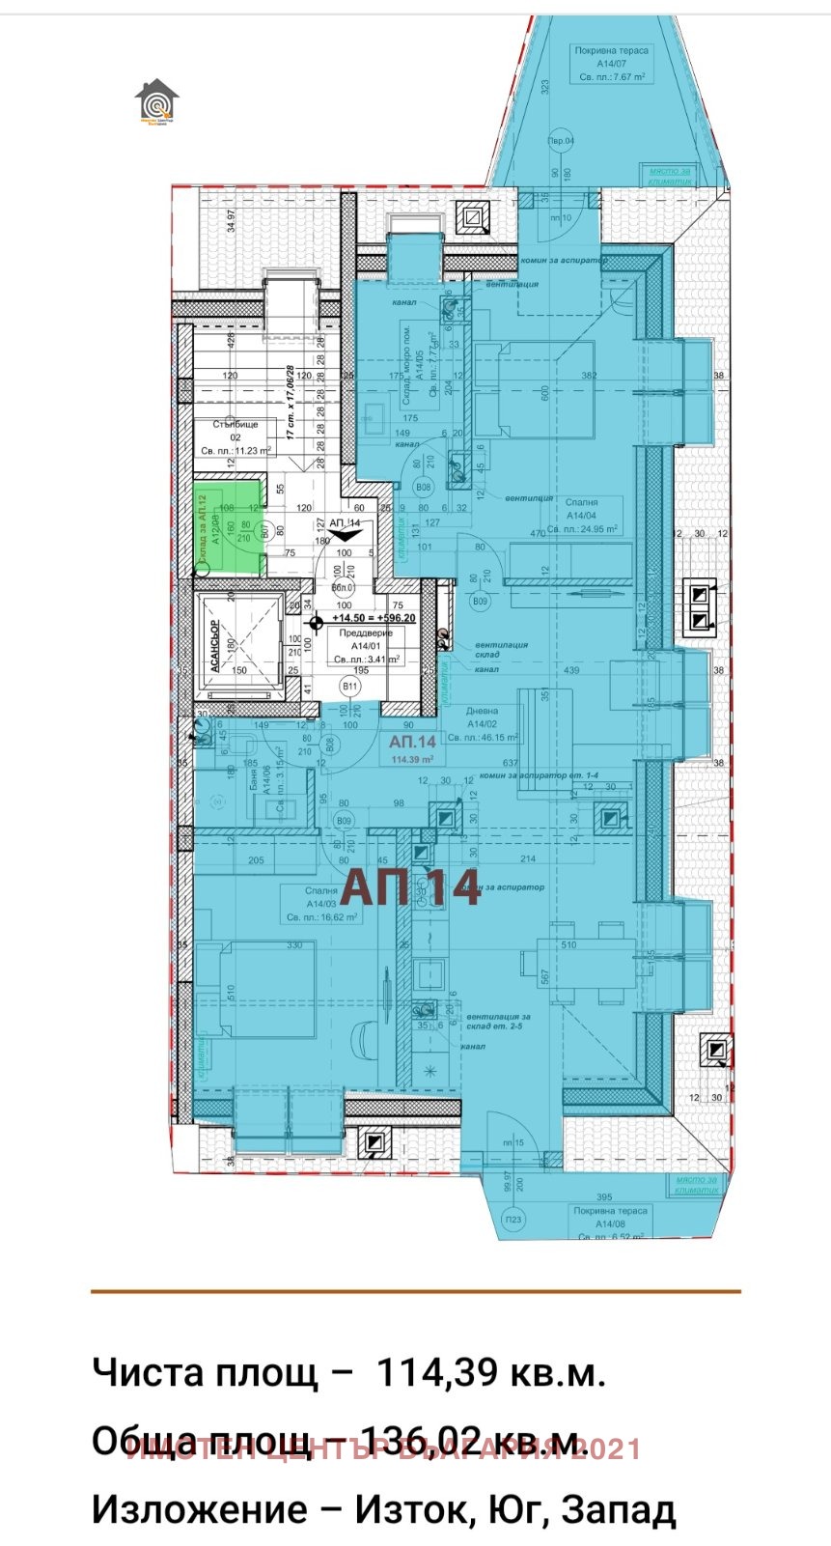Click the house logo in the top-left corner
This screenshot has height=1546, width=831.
coord(156,99)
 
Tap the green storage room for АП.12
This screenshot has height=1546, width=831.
coord(228,526)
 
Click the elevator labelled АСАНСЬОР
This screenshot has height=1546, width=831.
coord(238,643)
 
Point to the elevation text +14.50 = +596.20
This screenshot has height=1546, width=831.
coord(373,618)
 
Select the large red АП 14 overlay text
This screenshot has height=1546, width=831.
coord(411,887)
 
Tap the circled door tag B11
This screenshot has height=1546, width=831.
coord(350,687)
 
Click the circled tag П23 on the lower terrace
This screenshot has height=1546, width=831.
coord(513,1218)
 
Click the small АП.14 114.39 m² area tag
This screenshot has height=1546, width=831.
coord(413,748)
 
